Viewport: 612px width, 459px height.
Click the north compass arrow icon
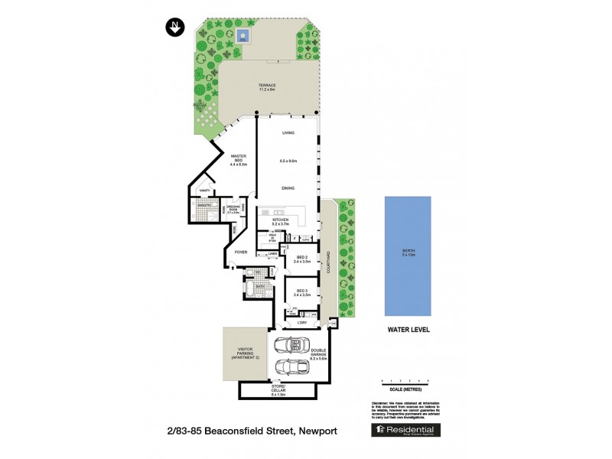pos(175,28)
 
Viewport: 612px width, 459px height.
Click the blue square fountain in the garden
pos(244,35)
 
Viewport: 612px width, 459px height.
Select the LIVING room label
pos(288,134)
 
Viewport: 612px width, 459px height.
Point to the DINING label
pos(288,187)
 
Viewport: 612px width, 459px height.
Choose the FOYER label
pos(241,252)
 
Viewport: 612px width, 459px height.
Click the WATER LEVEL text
pos(408,330)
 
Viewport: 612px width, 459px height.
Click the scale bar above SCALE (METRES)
pos(405,380)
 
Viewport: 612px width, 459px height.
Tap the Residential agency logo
pos(405,431)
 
